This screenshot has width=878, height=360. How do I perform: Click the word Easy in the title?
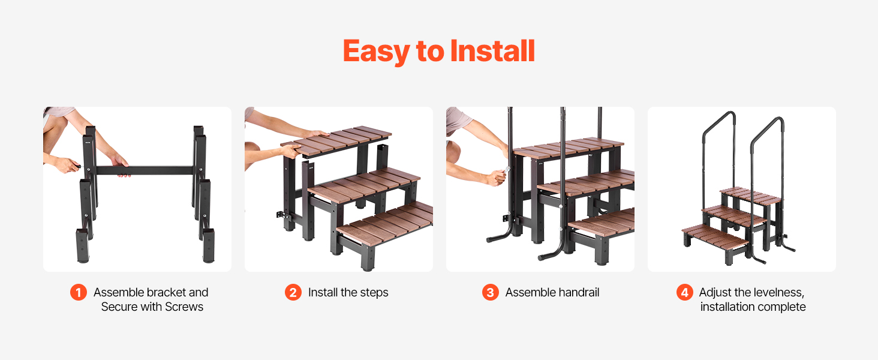pos(376,52)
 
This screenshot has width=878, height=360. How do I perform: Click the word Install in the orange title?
pos(493,51)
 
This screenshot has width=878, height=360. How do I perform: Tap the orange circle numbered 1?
pos(79,293)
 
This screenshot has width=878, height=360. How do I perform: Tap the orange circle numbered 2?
pos(293,293)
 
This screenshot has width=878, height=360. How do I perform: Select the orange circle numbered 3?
pos(491,293)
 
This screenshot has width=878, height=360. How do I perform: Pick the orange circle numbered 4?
pos(685,293)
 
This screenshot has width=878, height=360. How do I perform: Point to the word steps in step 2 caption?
pos(374,293)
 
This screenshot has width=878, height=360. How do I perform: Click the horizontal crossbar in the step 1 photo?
pos(145,170)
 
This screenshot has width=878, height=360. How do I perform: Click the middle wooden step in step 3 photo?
pos(586,183)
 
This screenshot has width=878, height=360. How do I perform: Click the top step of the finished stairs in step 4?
pos(751,196)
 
